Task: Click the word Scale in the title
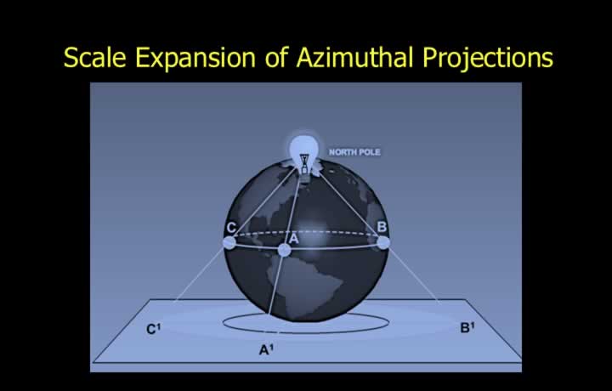tap(95, 57)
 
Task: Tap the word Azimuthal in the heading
tap(354, 57)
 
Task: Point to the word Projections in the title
tap(488, 59)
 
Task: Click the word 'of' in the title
tap(276, 57)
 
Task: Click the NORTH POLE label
tap(354, 152)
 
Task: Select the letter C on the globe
tap(231, 227)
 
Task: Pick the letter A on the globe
tap(293, 238)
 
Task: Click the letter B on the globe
tap(382, 226)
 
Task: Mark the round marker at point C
tap(229, 243)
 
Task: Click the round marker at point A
tap(284, 250)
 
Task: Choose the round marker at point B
tap(383, 242)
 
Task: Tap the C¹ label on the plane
tap(153, 329)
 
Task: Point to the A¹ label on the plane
tap(266, 350)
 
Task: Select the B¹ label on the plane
tap(467, 328)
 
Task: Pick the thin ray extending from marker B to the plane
tap(415, 275)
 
